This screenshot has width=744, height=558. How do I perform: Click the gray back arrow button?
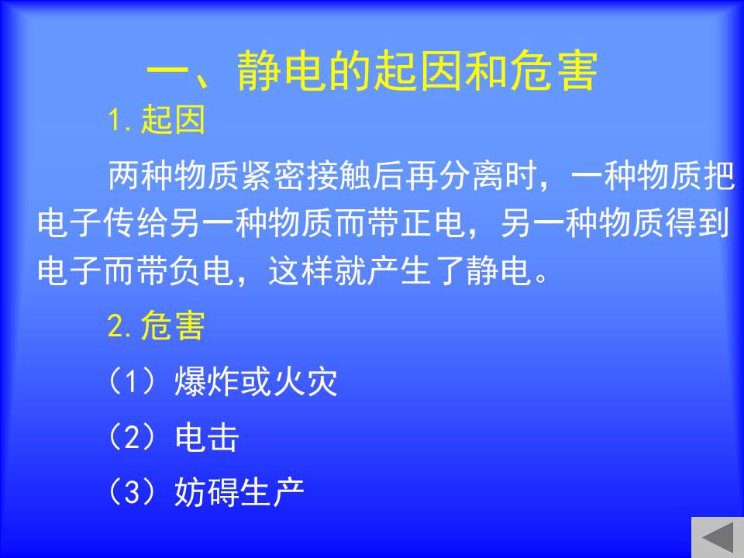click(x=718, y=538)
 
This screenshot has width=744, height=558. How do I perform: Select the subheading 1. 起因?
click(x=157, y=119)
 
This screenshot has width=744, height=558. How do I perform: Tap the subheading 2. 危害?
click(x=157, y=325)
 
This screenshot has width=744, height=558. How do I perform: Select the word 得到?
click(x=697, y=223)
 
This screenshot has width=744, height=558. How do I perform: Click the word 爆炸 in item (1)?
click(x=208, y=381)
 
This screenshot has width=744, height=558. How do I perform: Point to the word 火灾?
click(x=306, y=381)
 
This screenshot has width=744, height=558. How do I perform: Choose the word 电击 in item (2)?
click(x=207, y=437)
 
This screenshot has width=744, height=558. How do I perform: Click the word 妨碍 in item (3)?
click(x=207, y=492)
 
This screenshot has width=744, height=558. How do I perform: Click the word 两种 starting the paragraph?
click(x=141, y=176)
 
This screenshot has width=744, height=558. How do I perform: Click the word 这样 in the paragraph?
click(x=301, y=270)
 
